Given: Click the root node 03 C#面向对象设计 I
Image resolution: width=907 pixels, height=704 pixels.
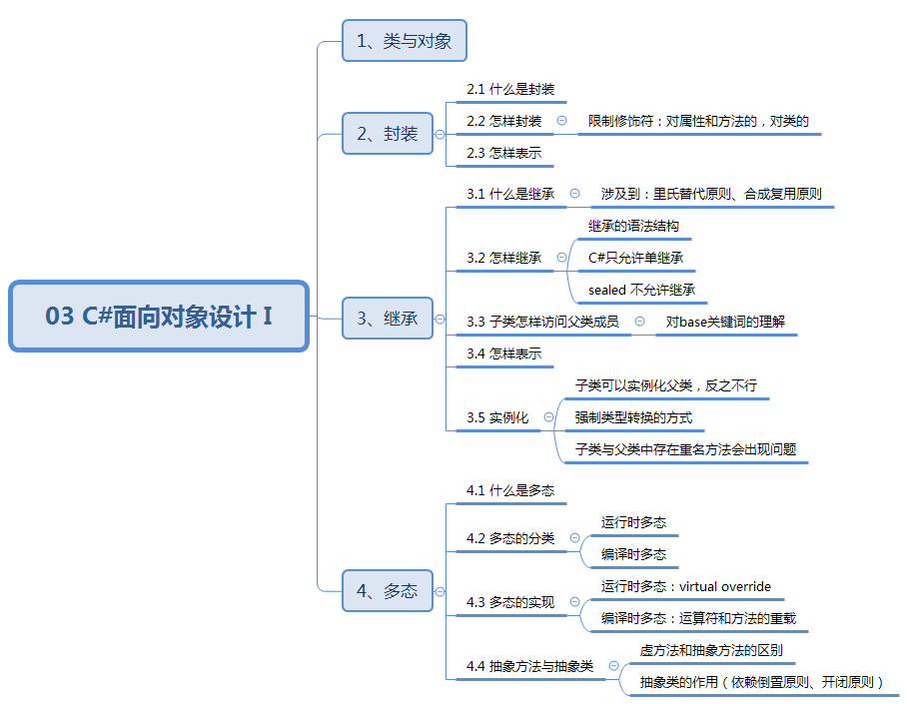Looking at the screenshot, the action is [159, 317].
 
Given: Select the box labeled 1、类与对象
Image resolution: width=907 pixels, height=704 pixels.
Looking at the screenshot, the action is [405, 42].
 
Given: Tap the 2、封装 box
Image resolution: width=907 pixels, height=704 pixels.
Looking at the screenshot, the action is [388, 134].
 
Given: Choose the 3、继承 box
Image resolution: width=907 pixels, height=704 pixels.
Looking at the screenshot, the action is [388, 320].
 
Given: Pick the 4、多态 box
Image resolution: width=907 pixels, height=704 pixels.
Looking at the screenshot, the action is [388, 590].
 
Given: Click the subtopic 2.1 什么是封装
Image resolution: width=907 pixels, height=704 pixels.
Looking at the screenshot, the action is [509, 90].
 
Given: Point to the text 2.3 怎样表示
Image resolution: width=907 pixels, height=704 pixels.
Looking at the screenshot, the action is [503, 154].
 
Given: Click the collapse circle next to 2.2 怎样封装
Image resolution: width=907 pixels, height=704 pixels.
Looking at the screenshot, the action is [561, 121].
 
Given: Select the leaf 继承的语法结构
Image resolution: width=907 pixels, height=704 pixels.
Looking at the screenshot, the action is [633, 227].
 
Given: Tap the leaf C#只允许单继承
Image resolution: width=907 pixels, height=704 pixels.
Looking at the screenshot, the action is [636, 258].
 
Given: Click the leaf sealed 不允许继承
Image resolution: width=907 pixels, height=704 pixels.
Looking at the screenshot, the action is [641, 290].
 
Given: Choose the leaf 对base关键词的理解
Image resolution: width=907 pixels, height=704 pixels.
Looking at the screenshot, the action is [725, 322].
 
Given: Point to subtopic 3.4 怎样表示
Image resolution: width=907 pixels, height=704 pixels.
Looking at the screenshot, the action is [503, 353].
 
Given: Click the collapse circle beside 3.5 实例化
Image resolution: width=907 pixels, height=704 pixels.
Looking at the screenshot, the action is [548, 417].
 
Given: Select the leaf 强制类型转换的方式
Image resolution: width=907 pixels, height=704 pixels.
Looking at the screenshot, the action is [633, 417].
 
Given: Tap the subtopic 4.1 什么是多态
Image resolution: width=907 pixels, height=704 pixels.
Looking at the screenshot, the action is [509, 490].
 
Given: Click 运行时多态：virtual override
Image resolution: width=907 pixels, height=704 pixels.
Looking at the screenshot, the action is [685, 586].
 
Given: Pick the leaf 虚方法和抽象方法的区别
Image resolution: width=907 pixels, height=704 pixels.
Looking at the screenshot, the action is [711, 651].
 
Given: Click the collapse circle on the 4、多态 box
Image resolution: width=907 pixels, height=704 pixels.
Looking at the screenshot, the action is [440, 591].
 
